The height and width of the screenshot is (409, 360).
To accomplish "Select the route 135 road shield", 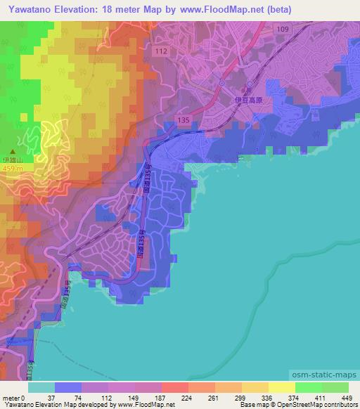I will tap(184, 120).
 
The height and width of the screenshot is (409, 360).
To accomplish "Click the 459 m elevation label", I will tap(12, 169).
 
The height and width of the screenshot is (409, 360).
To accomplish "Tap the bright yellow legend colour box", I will tap(281, 388).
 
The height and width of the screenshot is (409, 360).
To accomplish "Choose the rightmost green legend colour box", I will tap(335, 388).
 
